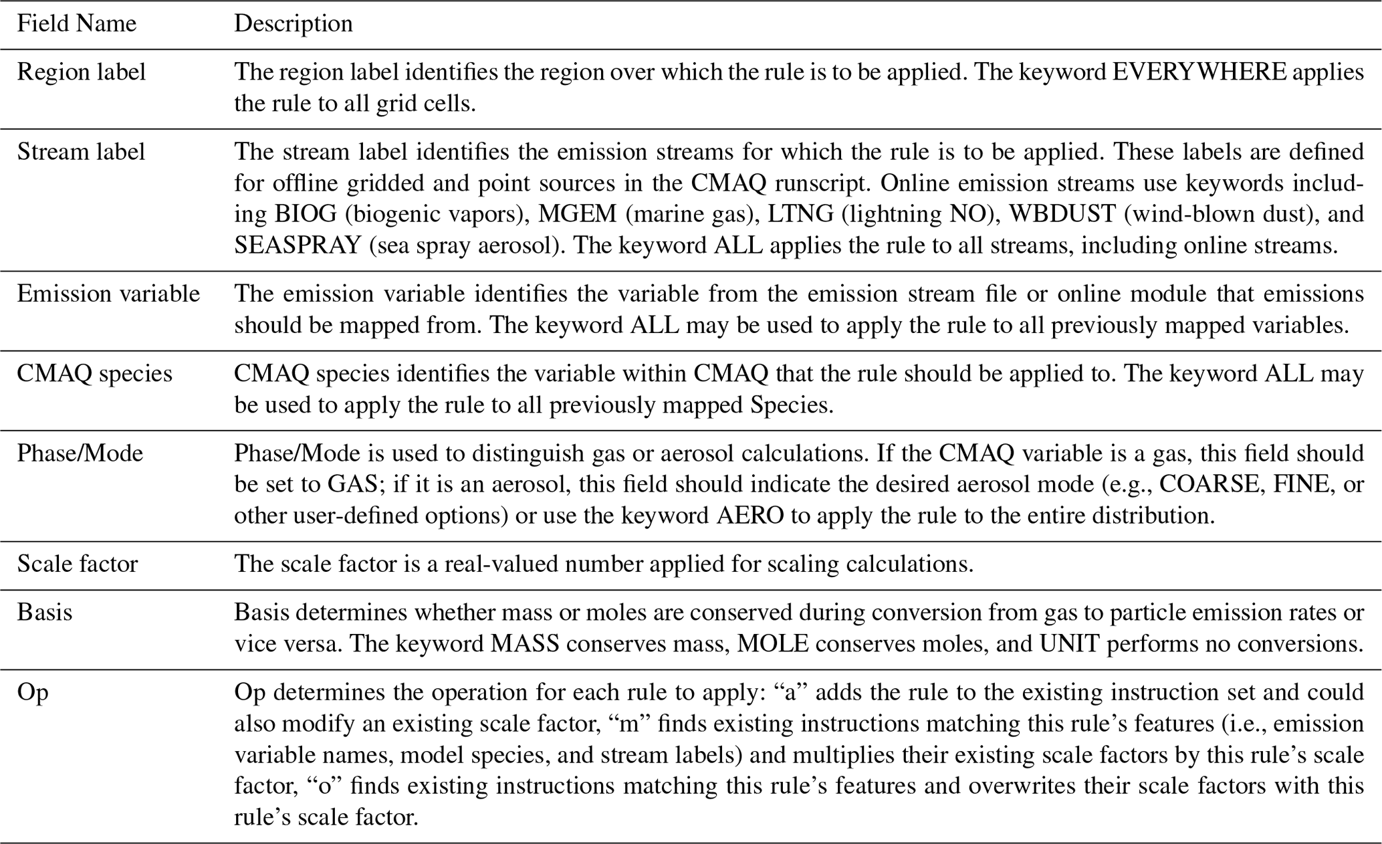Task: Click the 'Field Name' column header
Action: [x=76, y=24]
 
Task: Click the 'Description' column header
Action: [x=293, y=24]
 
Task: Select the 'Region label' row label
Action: [x=81, y=72]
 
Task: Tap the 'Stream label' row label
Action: [x=81, y=152]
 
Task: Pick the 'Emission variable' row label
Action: [x=108, y=294]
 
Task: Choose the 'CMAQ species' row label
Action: [x=94, y=373]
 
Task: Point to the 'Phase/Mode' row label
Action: [x=80, y=453]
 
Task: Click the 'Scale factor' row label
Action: [x=77, y=564]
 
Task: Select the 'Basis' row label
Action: [x=44, y=612]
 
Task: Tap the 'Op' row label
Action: [x=32, y=692]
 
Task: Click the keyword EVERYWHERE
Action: [x=1199, y=72]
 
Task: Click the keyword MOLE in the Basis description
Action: [x=772, y=643]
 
